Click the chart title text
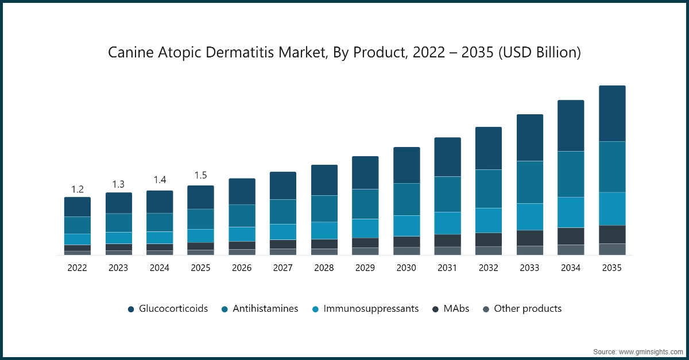point(344,53)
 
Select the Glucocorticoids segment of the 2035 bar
point(612,114)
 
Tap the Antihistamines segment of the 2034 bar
point(571,174)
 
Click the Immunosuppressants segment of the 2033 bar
point(529,216)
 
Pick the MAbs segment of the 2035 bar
point(612,234)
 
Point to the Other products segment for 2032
point(489,250)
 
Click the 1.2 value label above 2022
point(78,189)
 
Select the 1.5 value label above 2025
point(200,175)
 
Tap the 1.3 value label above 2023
point(118,184)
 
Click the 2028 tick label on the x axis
point(324,268)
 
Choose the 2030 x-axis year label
point(407,268)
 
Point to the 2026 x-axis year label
point(242,268)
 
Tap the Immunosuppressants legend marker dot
point(316,309)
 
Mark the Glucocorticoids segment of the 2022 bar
point(78,207)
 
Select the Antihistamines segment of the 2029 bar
point(365,204)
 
